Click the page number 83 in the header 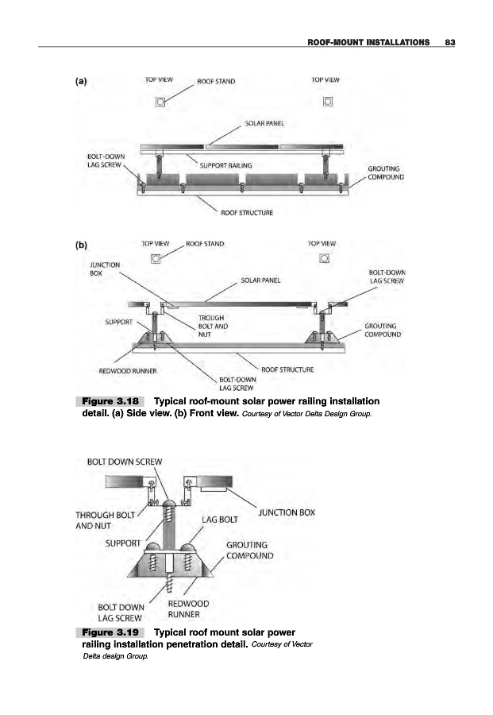449,41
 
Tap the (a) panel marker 81,79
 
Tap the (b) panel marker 81,245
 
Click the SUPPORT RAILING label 225,165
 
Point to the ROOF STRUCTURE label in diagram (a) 248,213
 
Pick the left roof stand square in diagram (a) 160,102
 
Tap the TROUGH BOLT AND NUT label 212,326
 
